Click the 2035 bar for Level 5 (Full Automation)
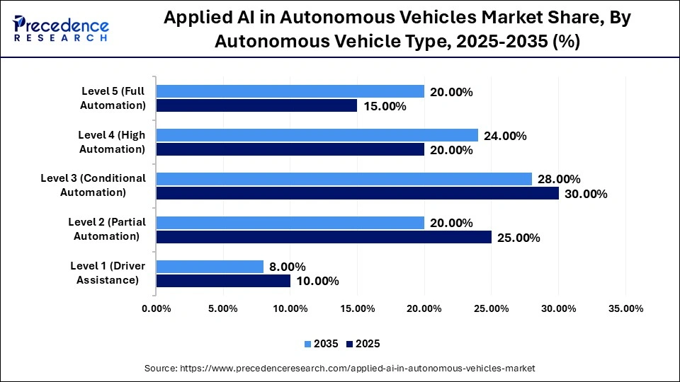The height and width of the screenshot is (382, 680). click(x=290, y=91)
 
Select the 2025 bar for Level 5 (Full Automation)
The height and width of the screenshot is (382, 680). click(x=256, y=105)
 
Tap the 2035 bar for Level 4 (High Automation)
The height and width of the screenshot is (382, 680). click(x=317, y=135)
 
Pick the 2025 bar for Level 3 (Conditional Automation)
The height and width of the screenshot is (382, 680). click(x=358, y=193)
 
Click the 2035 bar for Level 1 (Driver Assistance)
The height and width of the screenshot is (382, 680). click(x=210, y=267)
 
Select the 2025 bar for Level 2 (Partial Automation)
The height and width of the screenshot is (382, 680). click(x=324, y=237)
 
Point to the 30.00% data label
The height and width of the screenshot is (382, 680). click(x=586, y=194)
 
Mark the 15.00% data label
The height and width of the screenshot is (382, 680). click(x=385, y=106)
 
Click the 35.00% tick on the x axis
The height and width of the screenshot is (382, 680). click(x=625, y=308)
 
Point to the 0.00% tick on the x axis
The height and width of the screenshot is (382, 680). click(x=157, y=308)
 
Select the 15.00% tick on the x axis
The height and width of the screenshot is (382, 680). click(x=357, y=308)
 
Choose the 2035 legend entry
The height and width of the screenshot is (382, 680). click(x=320, y=344)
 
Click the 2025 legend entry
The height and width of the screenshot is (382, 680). click(x=363, y=344)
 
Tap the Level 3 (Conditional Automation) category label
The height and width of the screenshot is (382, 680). click(x=93, y=185)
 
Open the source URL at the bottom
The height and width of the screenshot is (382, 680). click(x=340, y=368)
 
